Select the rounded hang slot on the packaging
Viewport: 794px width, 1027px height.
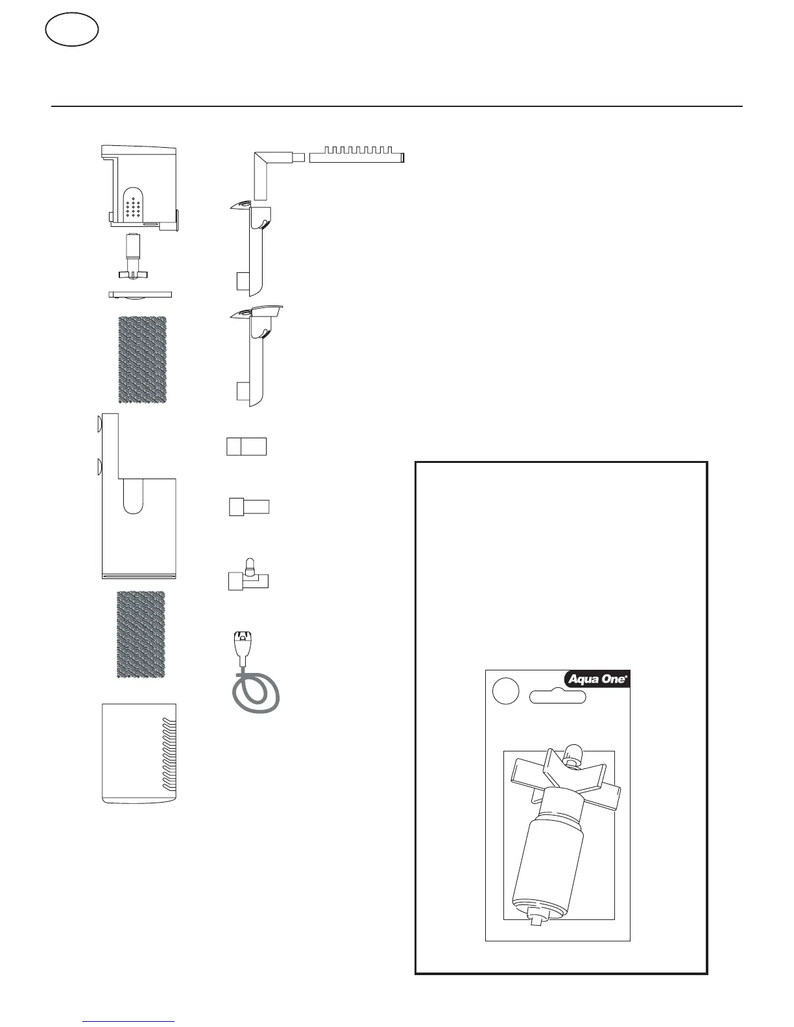coord(558,698)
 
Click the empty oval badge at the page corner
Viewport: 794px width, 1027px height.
coord(72,30)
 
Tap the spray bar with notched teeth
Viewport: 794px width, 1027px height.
coord(357,157)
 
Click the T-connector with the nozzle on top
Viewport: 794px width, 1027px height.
coord(248,576)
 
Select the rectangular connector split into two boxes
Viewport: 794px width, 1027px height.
coord(247,446)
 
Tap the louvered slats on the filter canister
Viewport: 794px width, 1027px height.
coord(169,755)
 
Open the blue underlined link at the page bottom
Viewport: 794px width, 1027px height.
coord(129,1022)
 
